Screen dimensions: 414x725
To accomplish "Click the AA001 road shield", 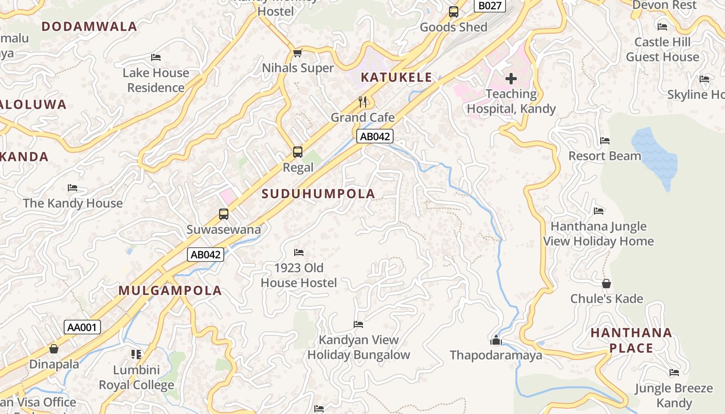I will coord(82,327).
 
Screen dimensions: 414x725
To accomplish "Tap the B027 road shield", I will coord(489,6).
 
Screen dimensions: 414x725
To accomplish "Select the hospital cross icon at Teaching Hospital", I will coord(511,79).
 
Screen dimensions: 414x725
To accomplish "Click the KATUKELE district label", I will coord(396,78).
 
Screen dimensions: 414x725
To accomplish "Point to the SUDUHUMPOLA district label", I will coord(318,194).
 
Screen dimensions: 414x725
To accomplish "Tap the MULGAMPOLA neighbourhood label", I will coord(170,290).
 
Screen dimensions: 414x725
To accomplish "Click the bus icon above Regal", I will coord(298,152).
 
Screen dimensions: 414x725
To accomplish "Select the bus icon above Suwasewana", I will coord(224,214).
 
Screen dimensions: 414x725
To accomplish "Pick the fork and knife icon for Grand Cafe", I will coord(363,101).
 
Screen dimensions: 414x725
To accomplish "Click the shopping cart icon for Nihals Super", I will coord(298,53).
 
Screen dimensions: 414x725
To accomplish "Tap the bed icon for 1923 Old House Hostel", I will coord(299,253).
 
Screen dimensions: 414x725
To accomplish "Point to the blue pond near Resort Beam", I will coord(655,155).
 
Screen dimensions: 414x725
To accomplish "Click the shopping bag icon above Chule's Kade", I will coord(606,284).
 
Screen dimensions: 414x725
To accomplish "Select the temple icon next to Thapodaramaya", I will coord(496,340).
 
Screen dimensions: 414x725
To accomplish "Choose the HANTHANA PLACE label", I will coord(631,340).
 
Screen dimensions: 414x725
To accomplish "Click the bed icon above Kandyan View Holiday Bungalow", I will coord(358,324).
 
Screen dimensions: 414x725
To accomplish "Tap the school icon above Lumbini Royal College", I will coord(136,354).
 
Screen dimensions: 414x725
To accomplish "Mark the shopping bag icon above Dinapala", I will coord(54,349).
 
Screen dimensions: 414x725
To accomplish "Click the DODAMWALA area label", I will coord(89,26).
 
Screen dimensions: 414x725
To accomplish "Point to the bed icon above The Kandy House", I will coord(72,188).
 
